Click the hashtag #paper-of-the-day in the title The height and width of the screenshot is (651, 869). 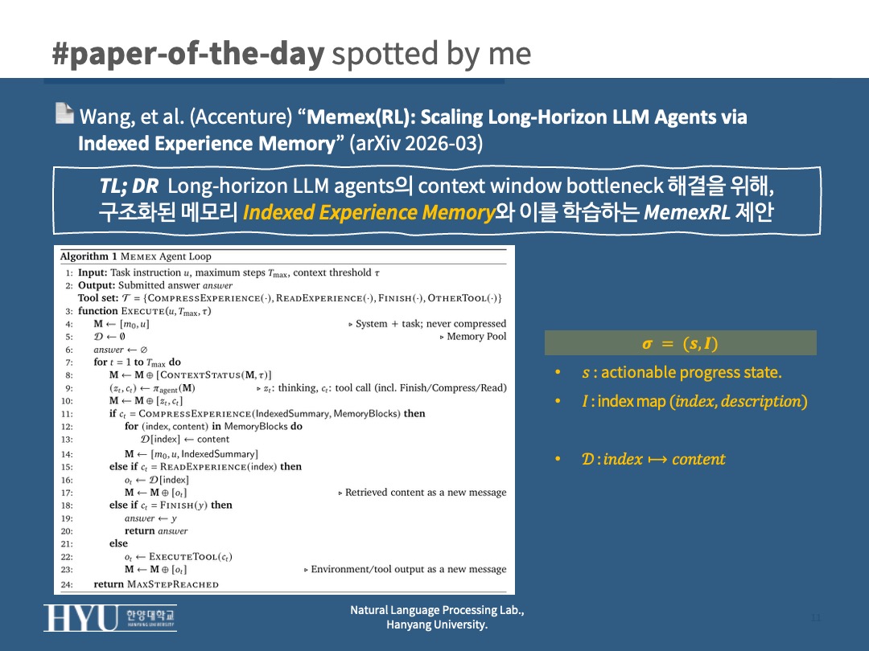(x=187, y=54)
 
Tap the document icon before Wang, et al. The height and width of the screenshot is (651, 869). (x=64, y=113)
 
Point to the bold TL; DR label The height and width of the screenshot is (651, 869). (x=129, y=186)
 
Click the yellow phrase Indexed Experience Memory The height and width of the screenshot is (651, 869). (x=369, y=213)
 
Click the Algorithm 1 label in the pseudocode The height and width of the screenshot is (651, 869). (x=88, y=256)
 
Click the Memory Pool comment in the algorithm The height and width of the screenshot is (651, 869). (x=476, y=337)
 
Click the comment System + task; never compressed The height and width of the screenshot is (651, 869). (x=430, y=324)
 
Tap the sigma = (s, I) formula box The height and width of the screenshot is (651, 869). (x=680, y=343)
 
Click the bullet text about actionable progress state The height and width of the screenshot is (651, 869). (x=681, y=372)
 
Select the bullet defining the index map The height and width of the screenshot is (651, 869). (x=694, y=401)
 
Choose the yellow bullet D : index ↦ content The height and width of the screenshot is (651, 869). (x=653, y=459)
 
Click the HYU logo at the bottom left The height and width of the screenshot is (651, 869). (x=110, y=617)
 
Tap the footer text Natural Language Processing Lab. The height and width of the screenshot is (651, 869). (x=437, y=610)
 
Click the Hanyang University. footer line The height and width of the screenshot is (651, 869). (x=437, y=624)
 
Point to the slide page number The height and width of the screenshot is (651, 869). (x=816, y=617)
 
